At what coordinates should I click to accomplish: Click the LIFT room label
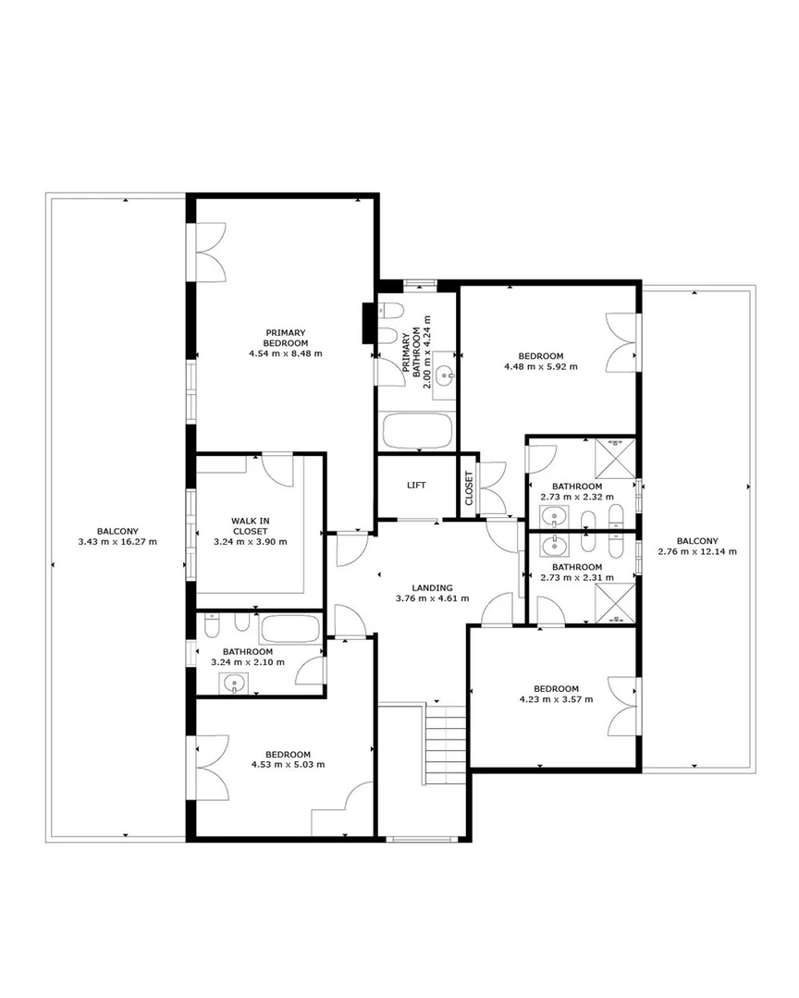416,485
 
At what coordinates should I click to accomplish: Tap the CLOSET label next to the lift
469,488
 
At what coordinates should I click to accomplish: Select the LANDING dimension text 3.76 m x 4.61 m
433,598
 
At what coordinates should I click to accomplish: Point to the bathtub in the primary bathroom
417,432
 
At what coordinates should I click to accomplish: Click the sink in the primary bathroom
445,375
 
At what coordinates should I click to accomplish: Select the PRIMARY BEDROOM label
286,338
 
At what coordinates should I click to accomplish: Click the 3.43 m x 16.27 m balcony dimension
117,542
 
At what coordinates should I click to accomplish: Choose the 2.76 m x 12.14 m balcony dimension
697,552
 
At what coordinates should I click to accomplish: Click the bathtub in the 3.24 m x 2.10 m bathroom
289,629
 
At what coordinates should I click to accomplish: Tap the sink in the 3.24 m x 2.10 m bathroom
234,684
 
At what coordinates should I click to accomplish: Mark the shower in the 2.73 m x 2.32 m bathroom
615,456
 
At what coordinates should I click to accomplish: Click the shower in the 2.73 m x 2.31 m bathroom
615,603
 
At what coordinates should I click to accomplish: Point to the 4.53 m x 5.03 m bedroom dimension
289,764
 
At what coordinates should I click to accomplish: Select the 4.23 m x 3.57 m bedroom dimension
556,699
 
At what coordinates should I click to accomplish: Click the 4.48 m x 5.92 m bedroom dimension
541,366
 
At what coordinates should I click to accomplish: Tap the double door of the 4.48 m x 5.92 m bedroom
621,342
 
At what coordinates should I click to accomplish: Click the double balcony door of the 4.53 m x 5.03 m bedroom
213,767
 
